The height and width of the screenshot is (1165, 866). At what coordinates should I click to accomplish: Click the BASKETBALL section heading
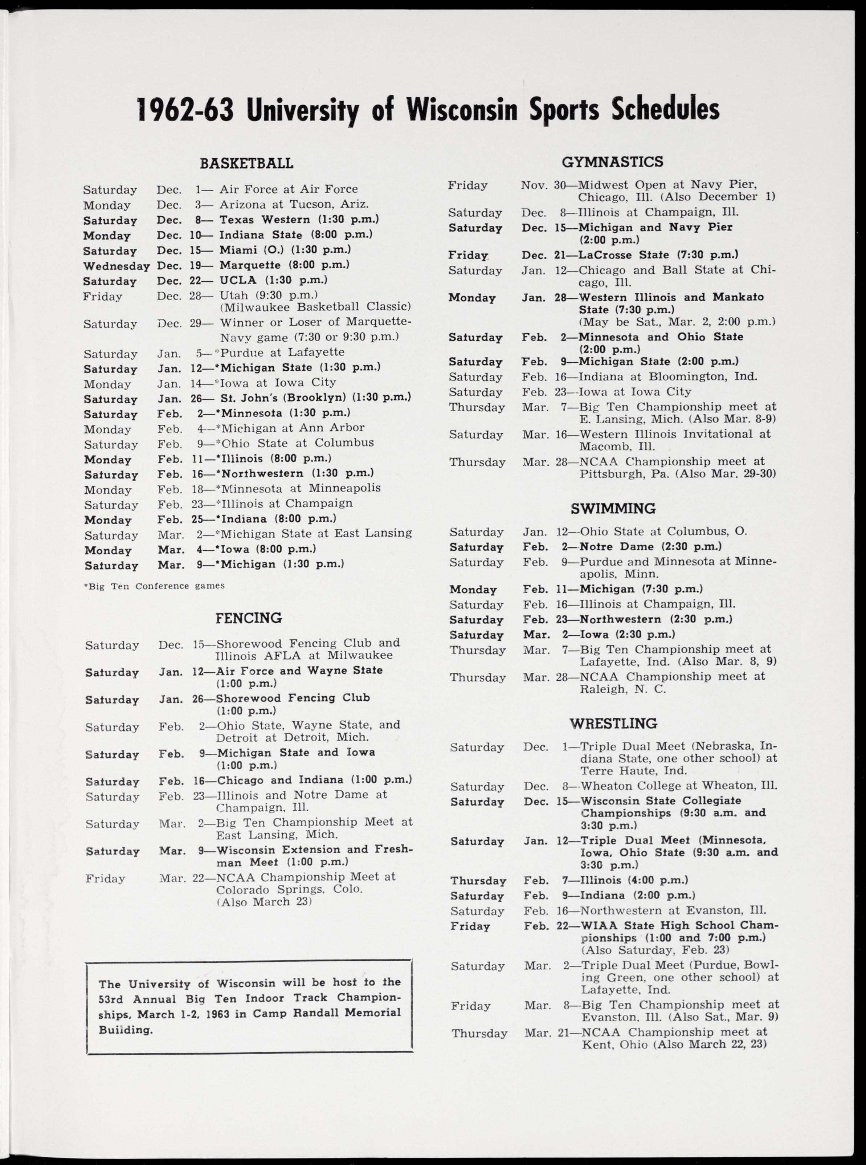coord(246,164)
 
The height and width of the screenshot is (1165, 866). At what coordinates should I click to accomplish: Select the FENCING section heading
coord(249,618)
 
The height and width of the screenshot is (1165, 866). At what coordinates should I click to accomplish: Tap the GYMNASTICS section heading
coord(612,162)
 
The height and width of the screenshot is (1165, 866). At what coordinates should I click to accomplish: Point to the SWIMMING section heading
coord(613,509)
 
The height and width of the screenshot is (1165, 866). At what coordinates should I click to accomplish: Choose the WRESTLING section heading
coord(613,724)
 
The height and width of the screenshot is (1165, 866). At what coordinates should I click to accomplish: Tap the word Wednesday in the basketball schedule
coord(117,266)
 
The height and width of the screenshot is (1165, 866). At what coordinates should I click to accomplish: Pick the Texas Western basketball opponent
coord(264,219)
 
